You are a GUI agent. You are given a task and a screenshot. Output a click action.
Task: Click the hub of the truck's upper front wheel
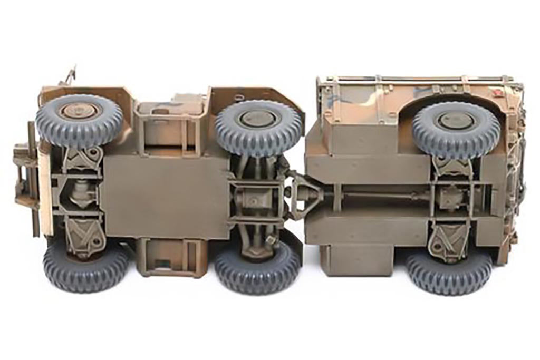tap(80, 112)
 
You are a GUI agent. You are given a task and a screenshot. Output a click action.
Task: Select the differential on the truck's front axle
tap(79, 192)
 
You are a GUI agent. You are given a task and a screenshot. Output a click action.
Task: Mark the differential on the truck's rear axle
tap(254, 201)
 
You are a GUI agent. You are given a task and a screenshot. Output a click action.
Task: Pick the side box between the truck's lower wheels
tap(170, 257)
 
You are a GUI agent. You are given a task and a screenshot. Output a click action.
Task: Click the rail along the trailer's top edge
tap(417, 80)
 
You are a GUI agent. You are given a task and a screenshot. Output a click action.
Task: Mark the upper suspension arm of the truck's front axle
tap(81, 158)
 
